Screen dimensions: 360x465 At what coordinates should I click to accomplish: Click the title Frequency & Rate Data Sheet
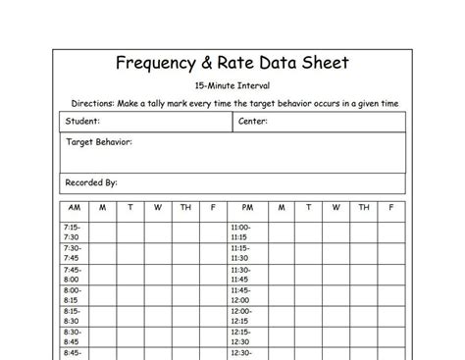pos(232,65)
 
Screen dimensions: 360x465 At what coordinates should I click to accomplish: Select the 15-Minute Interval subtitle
pos(232,86)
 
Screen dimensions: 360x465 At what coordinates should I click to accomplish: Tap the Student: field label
pos(81,123)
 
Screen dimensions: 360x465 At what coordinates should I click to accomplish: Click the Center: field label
pos(253,123)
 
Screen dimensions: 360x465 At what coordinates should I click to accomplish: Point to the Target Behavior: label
pos(99,142)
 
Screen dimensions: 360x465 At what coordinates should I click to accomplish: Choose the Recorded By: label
pos(91,181)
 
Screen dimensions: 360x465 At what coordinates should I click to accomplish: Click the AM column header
pos(75,208)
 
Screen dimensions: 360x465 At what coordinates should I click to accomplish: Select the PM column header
pos(241,208)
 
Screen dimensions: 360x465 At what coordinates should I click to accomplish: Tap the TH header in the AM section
pos(185,208)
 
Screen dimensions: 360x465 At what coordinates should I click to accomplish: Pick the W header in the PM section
pos(336,208)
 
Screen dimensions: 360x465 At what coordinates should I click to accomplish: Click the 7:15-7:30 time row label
pos(74,231)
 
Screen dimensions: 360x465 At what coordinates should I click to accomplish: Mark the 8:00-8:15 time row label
pos(74,296)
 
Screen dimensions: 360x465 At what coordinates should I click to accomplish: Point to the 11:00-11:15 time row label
pos(241,231)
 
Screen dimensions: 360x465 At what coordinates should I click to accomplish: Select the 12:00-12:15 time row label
pos(241,318)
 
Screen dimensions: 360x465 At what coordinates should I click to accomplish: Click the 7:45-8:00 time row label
pos(74,275)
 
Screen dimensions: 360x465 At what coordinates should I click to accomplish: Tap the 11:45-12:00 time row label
pos(241,296)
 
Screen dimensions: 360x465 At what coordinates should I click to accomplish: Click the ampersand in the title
pos(217,65)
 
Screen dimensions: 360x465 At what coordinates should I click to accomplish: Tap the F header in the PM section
pos(391,208)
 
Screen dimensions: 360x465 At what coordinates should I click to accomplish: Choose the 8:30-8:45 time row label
pos(74,339)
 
